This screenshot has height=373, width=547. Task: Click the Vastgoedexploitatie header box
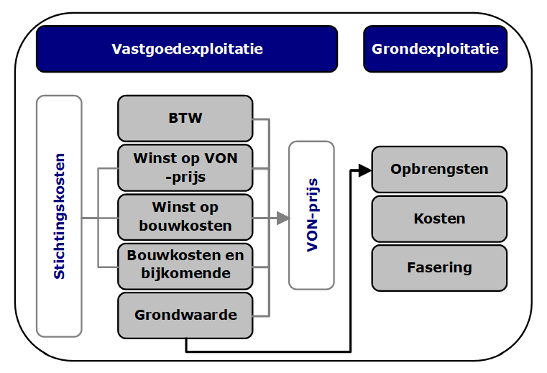click(187, 49)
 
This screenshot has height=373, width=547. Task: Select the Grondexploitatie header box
click(435, 49)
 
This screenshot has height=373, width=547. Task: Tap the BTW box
click(185, 118)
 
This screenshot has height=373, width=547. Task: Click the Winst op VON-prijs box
click(185, 167)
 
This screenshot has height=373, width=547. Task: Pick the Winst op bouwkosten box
click(185, 216)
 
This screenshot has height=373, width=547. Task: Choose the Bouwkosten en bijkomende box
click(185, 264)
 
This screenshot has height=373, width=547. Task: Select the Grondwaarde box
click(185, 315)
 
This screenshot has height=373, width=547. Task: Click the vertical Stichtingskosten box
click(59, 216)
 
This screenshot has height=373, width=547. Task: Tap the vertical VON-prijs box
click(311, 216)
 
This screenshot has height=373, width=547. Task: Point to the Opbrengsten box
click(439, 170)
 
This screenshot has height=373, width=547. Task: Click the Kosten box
click(439, 218)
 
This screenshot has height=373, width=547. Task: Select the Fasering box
click(439, 267)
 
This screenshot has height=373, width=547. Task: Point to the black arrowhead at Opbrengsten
click(364, 170)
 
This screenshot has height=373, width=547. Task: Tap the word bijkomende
click(185, 273)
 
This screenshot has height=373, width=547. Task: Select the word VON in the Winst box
click(221, 158)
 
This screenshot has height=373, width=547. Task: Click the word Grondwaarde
click(185, 315)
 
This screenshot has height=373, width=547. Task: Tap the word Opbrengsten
click(439, 170)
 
